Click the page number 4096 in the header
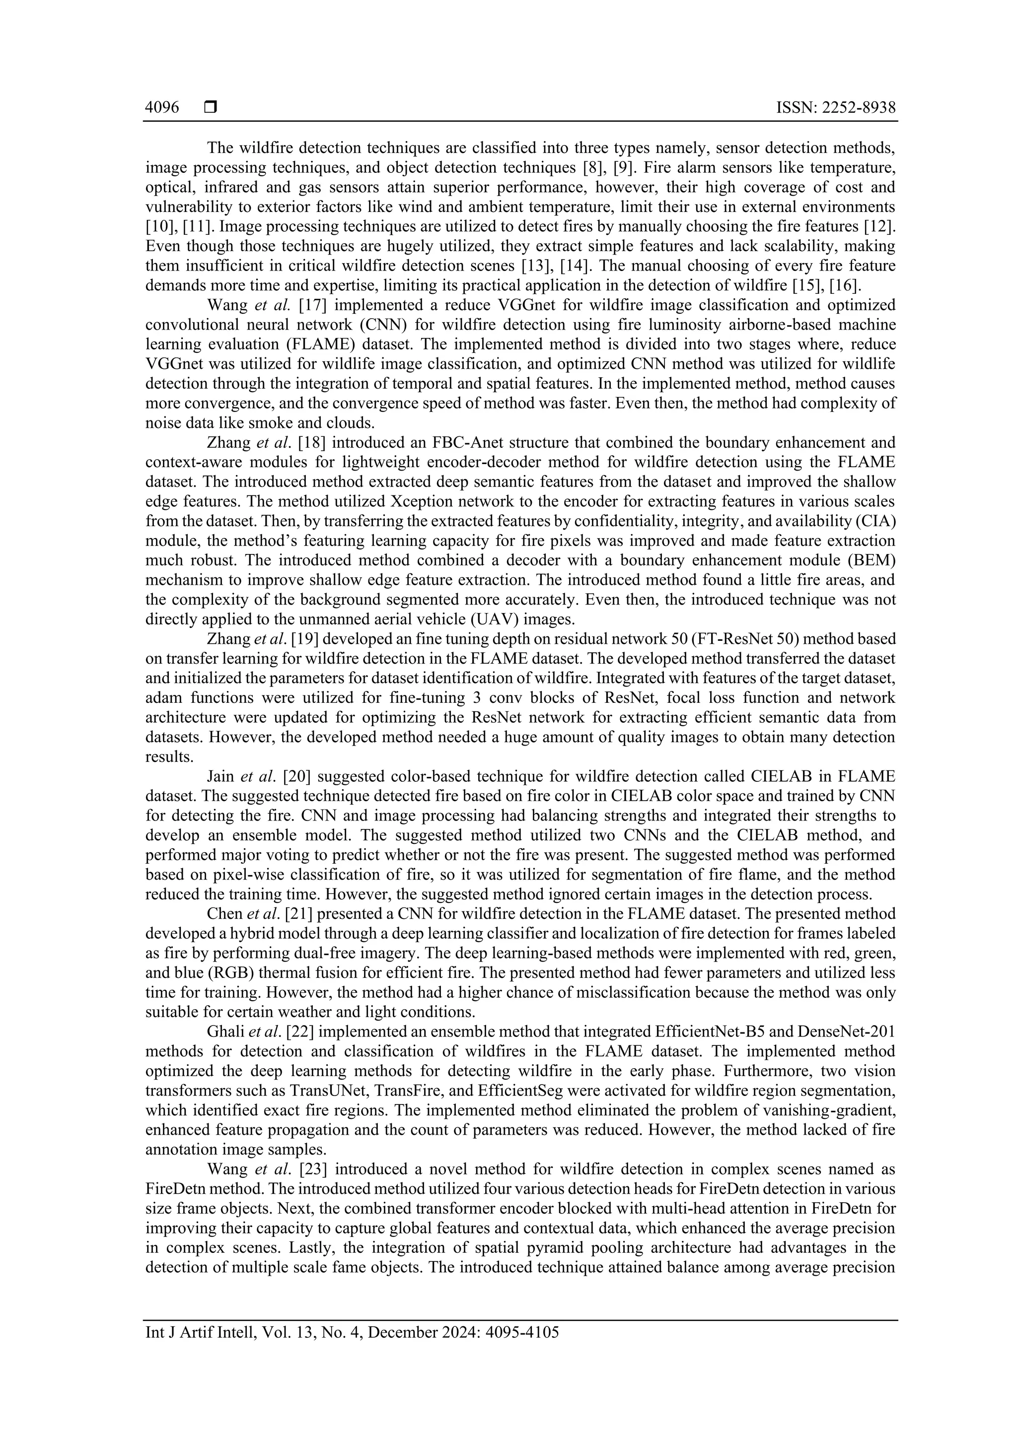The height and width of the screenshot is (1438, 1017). point(162,108)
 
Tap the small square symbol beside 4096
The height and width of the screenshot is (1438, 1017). point(211,108)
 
